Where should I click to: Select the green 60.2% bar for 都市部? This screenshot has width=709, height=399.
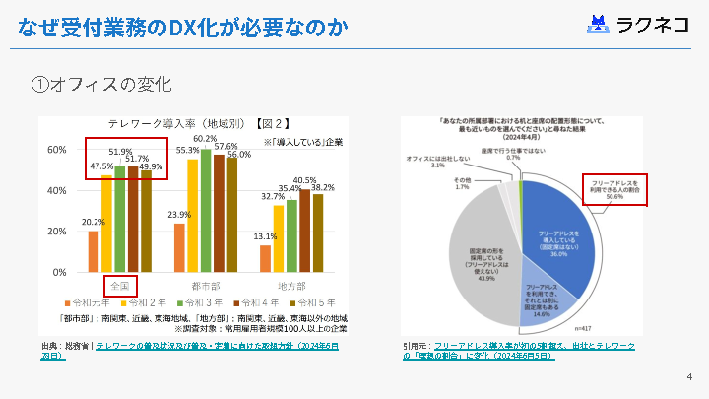point(206,209)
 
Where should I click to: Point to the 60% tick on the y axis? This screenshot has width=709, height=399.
point(57,149)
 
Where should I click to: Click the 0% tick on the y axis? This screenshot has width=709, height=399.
point(60,272)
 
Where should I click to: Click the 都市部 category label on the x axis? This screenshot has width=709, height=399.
point(206,285)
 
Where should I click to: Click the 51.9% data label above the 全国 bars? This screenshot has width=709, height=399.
point(120,152)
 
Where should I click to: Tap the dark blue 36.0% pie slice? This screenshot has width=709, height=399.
point(556,232)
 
